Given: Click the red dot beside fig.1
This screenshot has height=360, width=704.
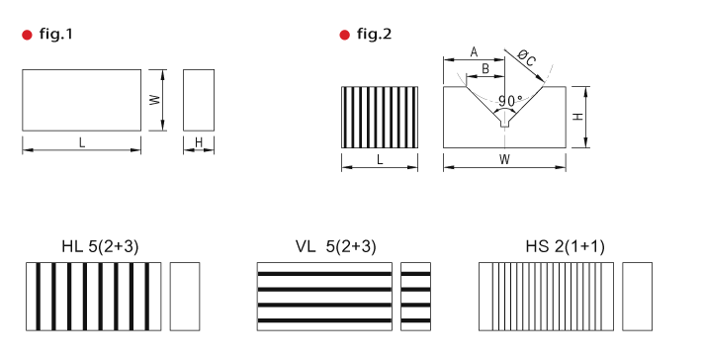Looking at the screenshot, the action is [27, 35].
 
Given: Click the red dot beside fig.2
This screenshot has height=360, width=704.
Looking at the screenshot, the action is [344, 35].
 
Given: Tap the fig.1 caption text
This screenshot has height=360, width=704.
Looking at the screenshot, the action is [56, 34].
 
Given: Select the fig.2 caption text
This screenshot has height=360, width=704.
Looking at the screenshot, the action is [374, 34].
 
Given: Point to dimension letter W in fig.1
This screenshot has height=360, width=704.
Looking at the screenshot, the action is [155, 99].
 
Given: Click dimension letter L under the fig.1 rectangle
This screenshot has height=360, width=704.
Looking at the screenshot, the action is [82, 142].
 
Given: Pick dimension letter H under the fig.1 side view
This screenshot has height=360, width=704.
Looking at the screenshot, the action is [199, 142].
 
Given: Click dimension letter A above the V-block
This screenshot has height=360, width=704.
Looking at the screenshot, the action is [474, 52].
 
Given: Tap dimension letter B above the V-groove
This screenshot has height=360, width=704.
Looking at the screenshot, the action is [485, 69].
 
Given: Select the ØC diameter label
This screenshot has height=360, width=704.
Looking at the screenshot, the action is [526, 58].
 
